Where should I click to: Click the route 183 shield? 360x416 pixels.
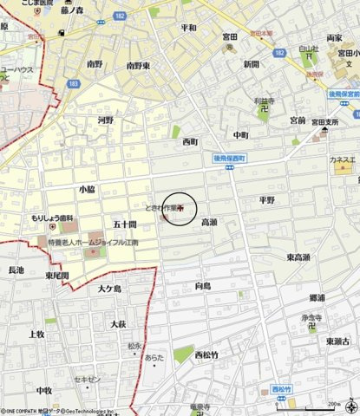[72, 83]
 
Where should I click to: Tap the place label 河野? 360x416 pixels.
[106, 120]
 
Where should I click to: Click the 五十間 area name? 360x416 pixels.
[124, 224]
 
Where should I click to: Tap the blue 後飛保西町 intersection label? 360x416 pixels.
[230, 159]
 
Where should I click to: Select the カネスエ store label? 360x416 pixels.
[342, 159]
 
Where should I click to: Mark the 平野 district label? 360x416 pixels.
[266, 199]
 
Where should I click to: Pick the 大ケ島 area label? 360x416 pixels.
[109, 288]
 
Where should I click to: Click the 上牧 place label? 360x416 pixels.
[36, 334]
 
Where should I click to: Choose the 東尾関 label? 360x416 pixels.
[57, 275]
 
